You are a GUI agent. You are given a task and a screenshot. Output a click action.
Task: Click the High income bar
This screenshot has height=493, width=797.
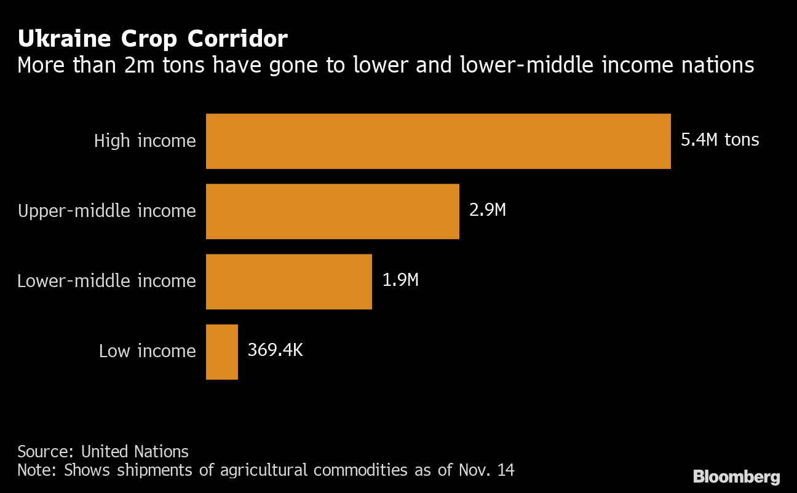438,141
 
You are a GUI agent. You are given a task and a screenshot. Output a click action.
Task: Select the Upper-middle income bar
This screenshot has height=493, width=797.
332,211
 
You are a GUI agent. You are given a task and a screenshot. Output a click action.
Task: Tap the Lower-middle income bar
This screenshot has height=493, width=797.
288,281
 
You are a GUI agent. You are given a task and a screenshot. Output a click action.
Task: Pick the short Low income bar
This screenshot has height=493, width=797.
221,352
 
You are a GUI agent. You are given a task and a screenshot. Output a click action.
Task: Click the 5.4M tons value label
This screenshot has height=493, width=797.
720,140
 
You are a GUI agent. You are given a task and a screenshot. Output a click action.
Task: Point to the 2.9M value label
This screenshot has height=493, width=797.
487,210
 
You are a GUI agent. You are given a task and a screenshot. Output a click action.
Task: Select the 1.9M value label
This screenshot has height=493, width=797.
400,280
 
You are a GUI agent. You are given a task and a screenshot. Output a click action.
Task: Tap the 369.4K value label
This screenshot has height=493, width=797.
275,350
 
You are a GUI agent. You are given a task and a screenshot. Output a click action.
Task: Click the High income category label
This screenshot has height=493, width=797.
145,141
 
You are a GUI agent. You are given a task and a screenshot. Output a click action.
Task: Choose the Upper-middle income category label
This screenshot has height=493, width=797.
107,211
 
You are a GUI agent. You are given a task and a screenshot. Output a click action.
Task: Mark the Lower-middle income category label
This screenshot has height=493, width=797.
106,281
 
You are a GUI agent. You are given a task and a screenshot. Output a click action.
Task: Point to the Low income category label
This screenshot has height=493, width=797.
147,351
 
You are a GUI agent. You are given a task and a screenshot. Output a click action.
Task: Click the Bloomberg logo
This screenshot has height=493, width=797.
736,476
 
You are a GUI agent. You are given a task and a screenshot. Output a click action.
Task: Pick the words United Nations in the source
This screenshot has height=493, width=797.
135,451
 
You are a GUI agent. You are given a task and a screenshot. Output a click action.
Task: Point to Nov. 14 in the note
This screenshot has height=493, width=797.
486,470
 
